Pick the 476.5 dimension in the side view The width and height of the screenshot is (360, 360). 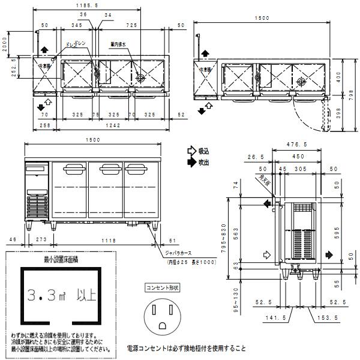pos(296,144)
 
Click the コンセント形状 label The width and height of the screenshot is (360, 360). pos(163,289)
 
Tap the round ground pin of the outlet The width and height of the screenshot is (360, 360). pos(162,325)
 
